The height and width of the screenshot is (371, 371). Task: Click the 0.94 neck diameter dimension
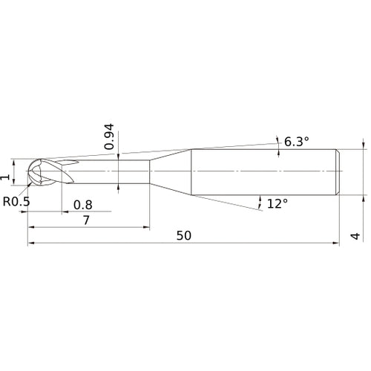point(109,137)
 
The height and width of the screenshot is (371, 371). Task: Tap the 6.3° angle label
point(297,142)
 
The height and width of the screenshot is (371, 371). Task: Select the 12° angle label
point(278,204)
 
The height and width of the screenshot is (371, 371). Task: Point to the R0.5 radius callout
point(16,202)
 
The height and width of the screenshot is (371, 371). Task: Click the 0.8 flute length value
point(83,205)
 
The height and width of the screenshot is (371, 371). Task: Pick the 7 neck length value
point(86,220)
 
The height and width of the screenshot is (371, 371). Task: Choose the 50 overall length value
point(184,236)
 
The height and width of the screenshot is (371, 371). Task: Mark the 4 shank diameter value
point(355,236)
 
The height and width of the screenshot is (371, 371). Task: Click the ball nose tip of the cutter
point(27,171)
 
